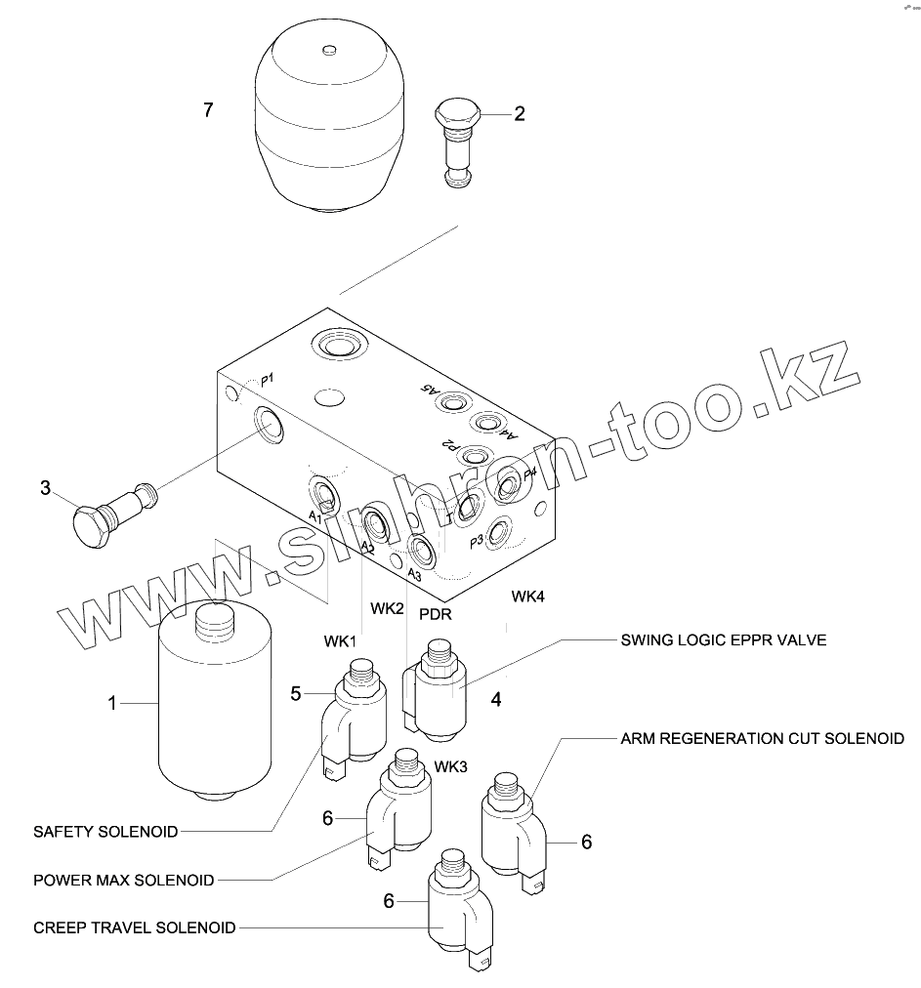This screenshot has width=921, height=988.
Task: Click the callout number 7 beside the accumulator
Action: click(x=208, y=109)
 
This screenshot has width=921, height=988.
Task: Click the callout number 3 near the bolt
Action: click(x=45, y=487)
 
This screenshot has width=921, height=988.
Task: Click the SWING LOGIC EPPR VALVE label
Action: click(x=724, y=640)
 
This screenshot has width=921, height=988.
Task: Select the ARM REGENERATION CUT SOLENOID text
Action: click(x=762, y=738)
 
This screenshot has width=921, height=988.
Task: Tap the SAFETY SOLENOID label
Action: click(x=105, y=832)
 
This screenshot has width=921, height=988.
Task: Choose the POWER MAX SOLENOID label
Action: click(x=123, y=880)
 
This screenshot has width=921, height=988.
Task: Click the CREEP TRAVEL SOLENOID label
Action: click(x=134, y=927)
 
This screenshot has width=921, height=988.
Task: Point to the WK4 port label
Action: click(x=527, y=596)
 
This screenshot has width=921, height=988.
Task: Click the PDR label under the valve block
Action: click(x=435, y=614)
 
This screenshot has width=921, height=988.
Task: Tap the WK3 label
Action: click(x=450, y=765)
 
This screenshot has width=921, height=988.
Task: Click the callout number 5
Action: click(x=296, y=693)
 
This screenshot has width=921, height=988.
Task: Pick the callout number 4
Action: click(x=496, y=699)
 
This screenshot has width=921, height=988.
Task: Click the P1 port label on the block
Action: click(x=268, y=379)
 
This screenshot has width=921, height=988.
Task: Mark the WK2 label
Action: click(x=387, y=608)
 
